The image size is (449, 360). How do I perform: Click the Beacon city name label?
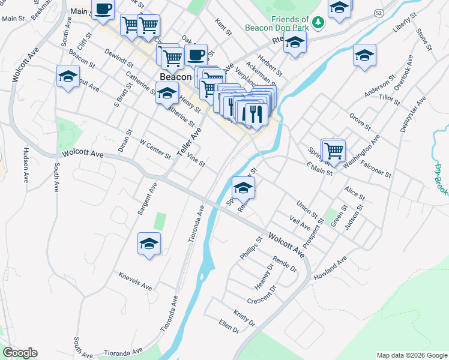(x=175, y=77)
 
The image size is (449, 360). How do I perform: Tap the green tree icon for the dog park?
(x=318, y=23)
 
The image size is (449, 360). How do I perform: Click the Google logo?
(x=20, y=353)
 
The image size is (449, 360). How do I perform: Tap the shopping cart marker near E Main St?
(x=334, y=151)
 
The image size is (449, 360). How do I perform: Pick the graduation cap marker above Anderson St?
(x=364, y=56)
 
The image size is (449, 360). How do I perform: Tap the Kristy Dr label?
(x=244, y=319)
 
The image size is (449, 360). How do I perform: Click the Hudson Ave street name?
(x=26, y=165)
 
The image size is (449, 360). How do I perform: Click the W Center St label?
(x=155, y=149)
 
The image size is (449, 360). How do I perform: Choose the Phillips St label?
(x=252, y=247)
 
